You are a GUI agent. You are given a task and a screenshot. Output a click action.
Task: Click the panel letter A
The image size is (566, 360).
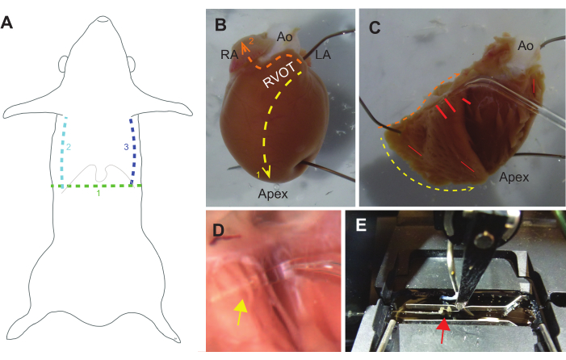click(6, 23)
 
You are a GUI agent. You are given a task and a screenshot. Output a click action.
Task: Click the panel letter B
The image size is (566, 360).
click(220, 25)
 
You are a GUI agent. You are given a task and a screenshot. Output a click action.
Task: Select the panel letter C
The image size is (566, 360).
click(375, 27)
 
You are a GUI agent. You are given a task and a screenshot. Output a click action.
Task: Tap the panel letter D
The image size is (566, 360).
click(218, 230)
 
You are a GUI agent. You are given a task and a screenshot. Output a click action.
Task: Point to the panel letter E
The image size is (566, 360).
click(361, 224)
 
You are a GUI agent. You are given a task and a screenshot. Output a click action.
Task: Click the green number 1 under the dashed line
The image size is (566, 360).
click(98, 194)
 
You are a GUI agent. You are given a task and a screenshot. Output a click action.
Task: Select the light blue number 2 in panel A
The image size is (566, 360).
click(68, 147)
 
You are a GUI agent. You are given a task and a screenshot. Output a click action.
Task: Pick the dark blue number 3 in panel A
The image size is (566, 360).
click(126, 147)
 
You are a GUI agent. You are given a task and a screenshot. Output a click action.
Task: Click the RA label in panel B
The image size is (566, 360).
click(229, 54)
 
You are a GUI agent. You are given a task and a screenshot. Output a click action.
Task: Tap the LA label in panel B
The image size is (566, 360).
click(323, 54)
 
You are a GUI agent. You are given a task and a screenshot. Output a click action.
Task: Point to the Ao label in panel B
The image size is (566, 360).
click(284, 36)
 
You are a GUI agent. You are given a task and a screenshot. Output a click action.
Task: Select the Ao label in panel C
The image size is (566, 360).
click(525, 45)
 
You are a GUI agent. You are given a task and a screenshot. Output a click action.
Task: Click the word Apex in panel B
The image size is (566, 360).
click(273, 194)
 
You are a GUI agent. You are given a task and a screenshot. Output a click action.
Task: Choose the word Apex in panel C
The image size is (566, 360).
click(514, 177)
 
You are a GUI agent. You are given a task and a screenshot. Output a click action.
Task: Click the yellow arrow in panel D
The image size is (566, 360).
click(241, 312)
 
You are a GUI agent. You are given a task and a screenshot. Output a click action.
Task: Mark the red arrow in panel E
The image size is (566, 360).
click(443, 331)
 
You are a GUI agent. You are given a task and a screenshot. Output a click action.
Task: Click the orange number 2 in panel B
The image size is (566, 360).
click(251, 41)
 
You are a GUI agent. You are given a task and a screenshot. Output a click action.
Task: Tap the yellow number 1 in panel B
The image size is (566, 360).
click(258, 175)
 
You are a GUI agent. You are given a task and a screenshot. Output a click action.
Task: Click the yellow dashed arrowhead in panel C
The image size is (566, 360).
click(472, 188)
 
